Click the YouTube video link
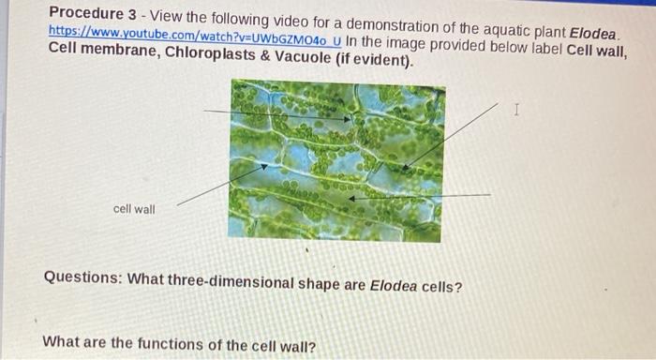click(x=195, y=36)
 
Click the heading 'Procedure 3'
click(x=93, y=14)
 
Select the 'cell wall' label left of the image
click(x=134, y=209)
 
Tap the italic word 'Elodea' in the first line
click(x=593, y=33)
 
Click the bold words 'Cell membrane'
click(x=104, y=50)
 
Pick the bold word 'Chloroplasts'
click(x=210, y=54)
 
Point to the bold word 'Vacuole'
click(x=303, y=58)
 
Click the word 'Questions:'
click(x=82, y=277)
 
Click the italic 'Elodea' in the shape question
click(x=394, y=286)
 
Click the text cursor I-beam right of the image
click(x=516, y=110)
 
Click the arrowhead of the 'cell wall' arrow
click(x=265, y=167)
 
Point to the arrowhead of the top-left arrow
click(x=348, y=119)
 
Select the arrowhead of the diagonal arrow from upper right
click(x=405, y=168)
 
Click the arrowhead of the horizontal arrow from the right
click(x=352, y=199)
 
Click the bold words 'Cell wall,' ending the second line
click(x=597, y=51)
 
